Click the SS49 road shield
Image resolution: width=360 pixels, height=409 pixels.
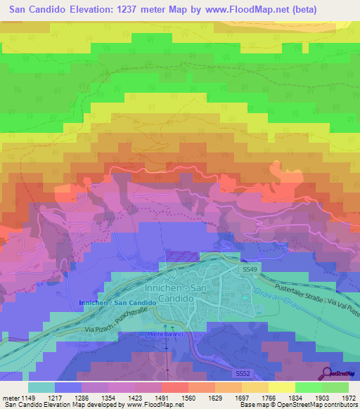tap(250, 269)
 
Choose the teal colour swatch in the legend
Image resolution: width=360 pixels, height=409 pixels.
tap(41, 387)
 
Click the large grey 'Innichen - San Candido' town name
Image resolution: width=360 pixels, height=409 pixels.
tap(189, 294)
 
